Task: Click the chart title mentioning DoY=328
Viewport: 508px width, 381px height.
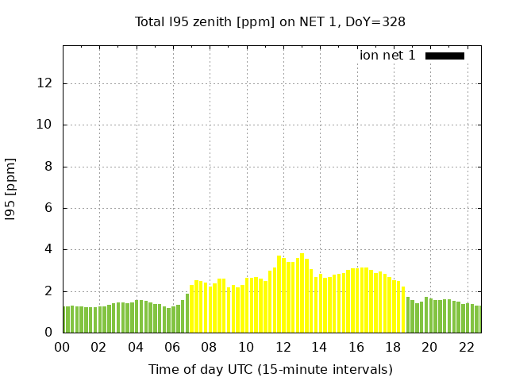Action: click(270, 21)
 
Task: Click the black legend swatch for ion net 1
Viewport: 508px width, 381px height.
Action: click(444, 56)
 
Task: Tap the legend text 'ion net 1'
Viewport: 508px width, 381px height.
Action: click(387, 56)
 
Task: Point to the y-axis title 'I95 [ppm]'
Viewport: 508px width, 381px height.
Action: click(11, 189)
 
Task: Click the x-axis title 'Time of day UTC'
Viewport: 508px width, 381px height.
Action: click(270, 369)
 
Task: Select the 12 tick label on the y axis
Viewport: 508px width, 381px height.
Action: click(48, 83)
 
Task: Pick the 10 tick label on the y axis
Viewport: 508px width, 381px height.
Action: click(48, 125)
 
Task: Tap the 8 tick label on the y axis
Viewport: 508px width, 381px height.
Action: click(51, 167)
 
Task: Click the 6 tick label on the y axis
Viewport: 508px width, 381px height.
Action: click(51, 208)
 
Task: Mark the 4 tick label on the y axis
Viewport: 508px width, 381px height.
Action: click(51, 249)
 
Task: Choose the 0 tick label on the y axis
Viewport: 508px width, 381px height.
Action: click(51, 333)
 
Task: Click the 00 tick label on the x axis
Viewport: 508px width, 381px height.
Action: click(63, 347)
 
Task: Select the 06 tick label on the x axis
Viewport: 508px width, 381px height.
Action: click(172, 347)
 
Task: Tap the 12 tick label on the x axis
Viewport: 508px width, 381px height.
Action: click(283, 347)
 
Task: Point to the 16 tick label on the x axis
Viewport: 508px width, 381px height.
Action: click(356, 347)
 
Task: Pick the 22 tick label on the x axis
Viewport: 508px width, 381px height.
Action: click(466, 347)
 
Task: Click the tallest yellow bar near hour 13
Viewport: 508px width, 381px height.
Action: click(302, 294)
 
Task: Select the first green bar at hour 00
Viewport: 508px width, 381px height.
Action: click(66, 320)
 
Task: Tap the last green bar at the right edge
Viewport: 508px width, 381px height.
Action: click(478, 319)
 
